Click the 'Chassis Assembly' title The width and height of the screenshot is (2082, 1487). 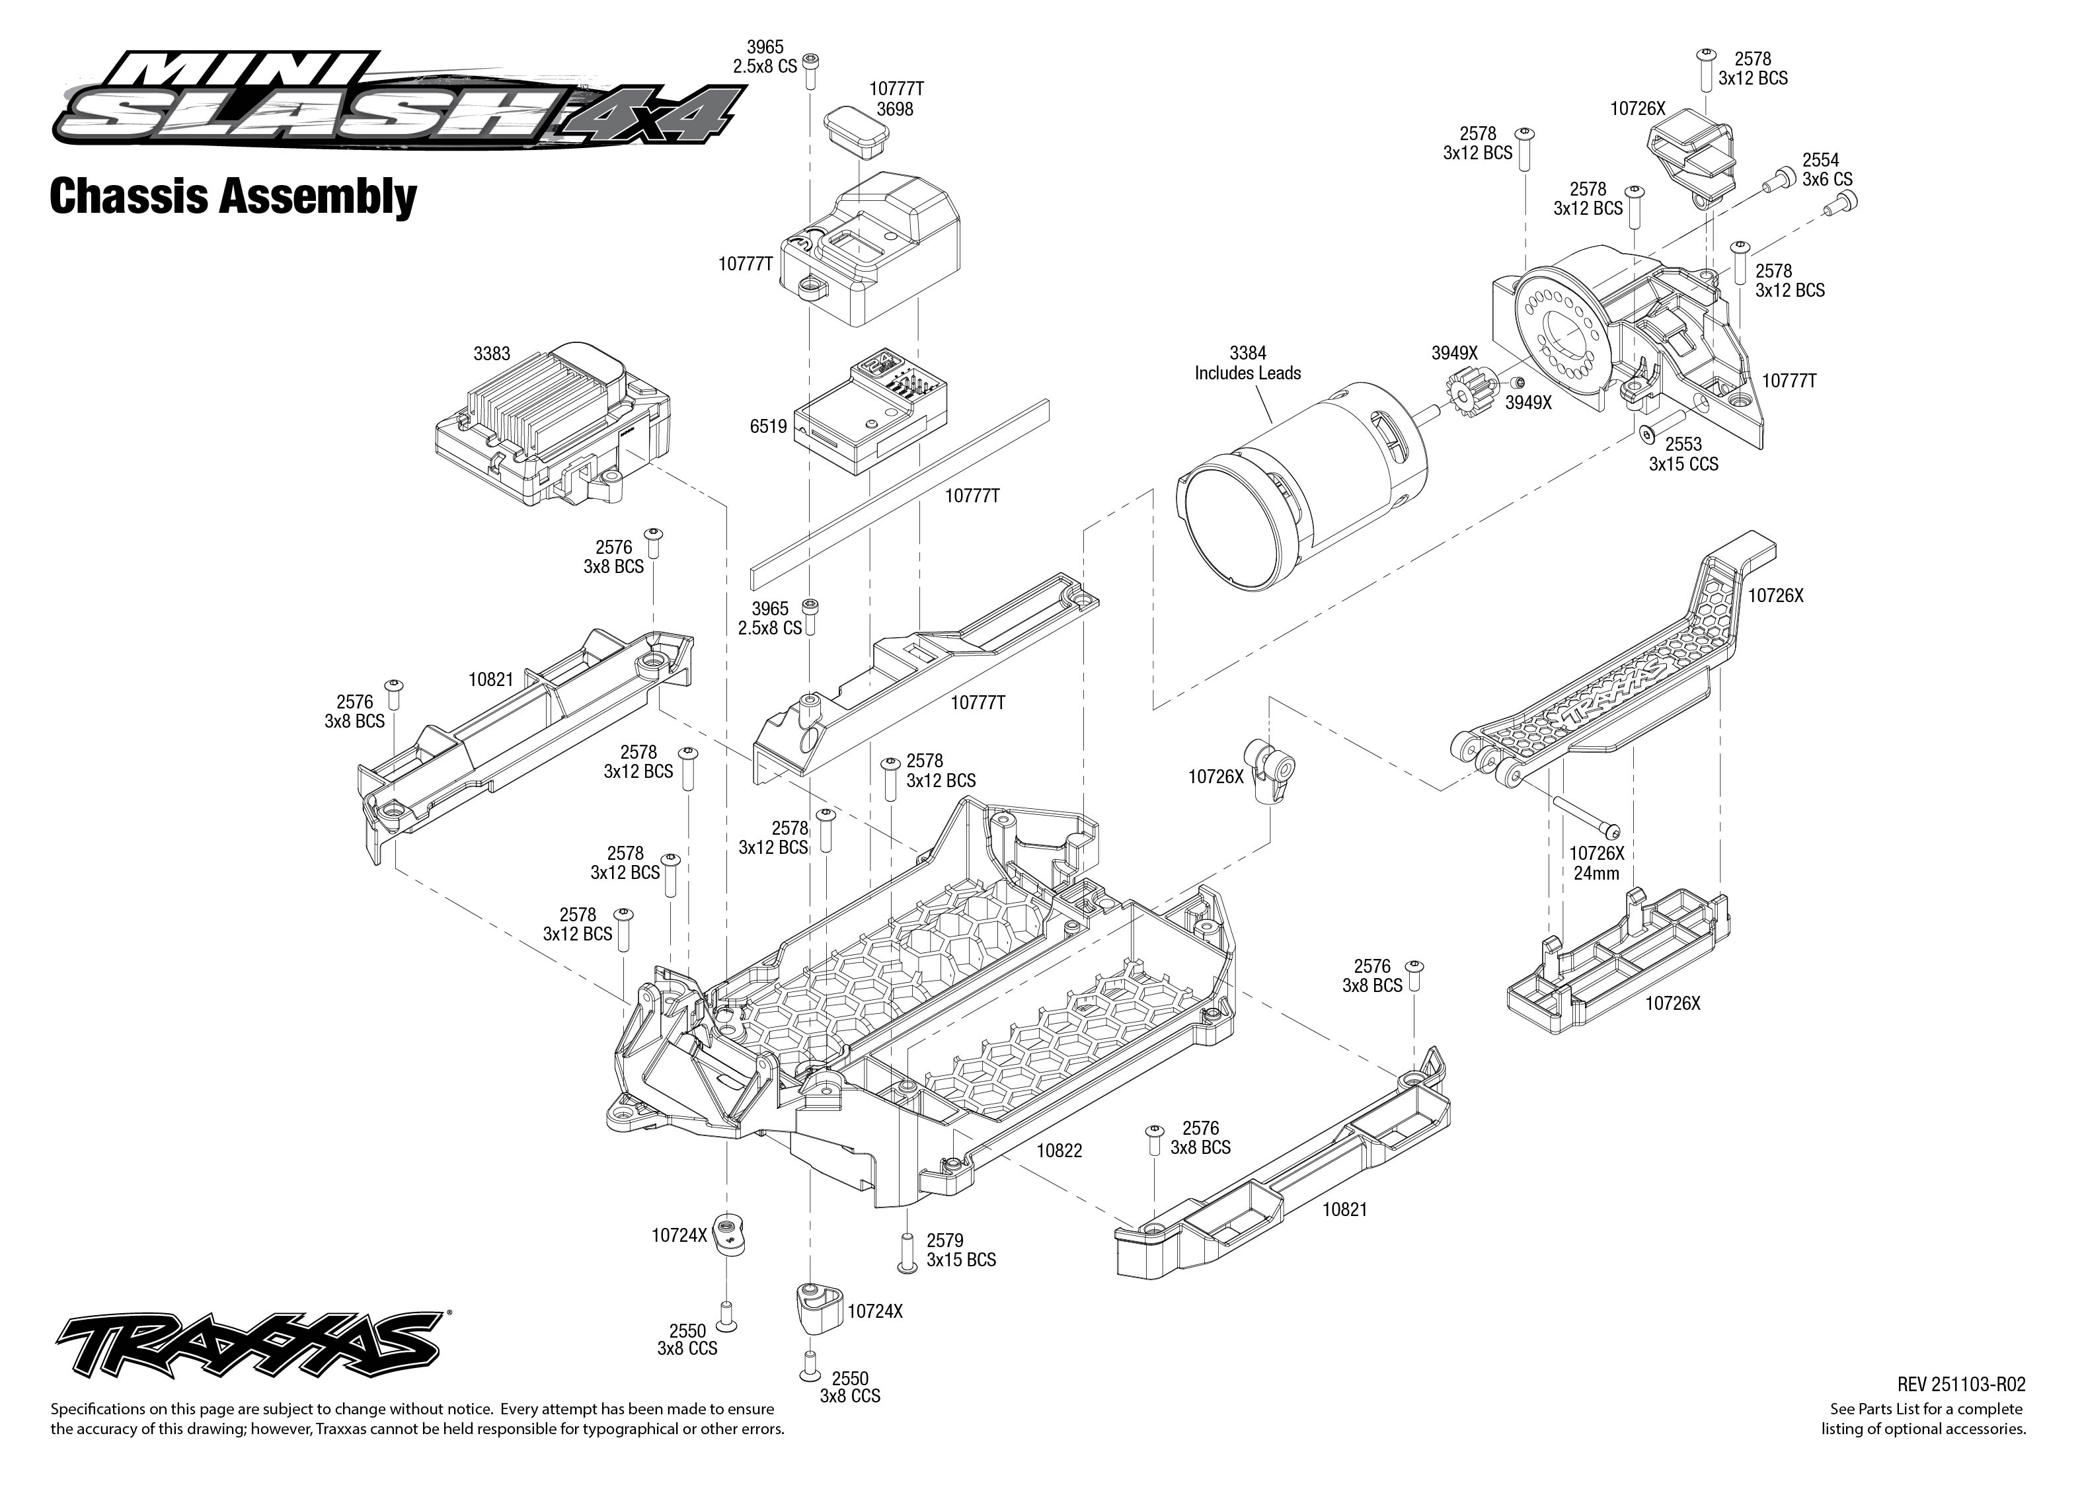coord(233,197)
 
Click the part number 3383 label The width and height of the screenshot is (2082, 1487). coord(492,354)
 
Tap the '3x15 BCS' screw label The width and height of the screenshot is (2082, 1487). coord(960,1260)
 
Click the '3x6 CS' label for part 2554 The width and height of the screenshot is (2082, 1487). coord(1827,180)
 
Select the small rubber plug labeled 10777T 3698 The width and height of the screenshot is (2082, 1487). coord(857,133)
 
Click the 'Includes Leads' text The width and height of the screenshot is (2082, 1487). coord(1247,373)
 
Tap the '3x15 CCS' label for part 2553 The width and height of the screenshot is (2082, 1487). coord(1683,464)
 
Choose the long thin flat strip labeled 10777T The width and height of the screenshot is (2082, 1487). coord(898,494)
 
